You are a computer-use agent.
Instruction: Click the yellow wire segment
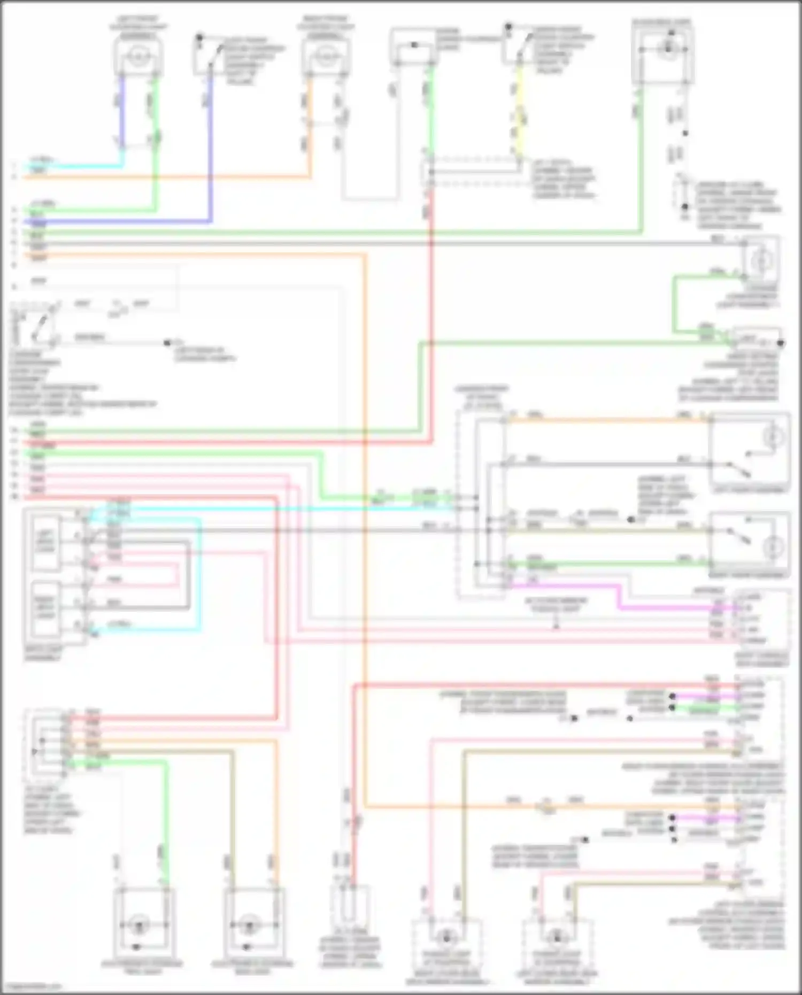519,112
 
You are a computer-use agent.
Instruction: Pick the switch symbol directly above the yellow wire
521,45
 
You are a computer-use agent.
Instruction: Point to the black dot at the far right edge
781,343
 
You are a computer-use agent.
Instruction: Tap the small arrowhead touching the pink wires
556,626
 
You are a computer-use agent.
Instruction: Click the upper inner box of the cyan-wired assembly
46,541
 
